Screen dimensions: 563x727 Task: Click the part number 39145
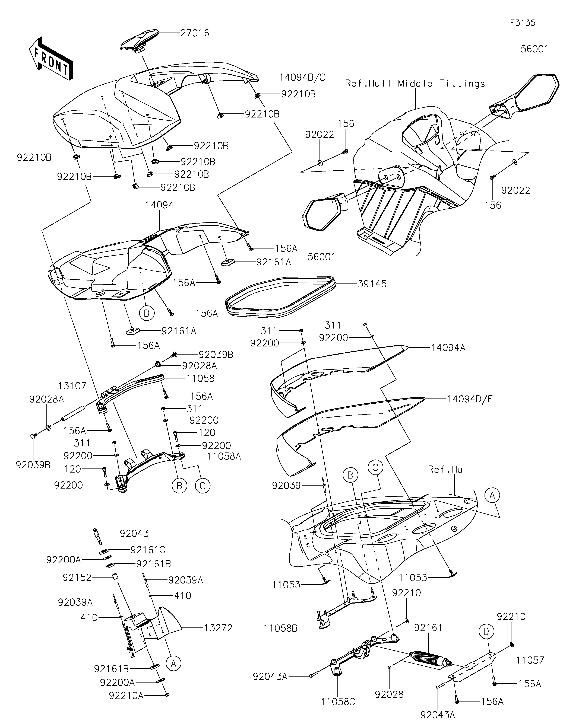(x=372, y=284)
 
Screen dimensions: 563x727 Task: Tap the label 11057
(x=530, y=660)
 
